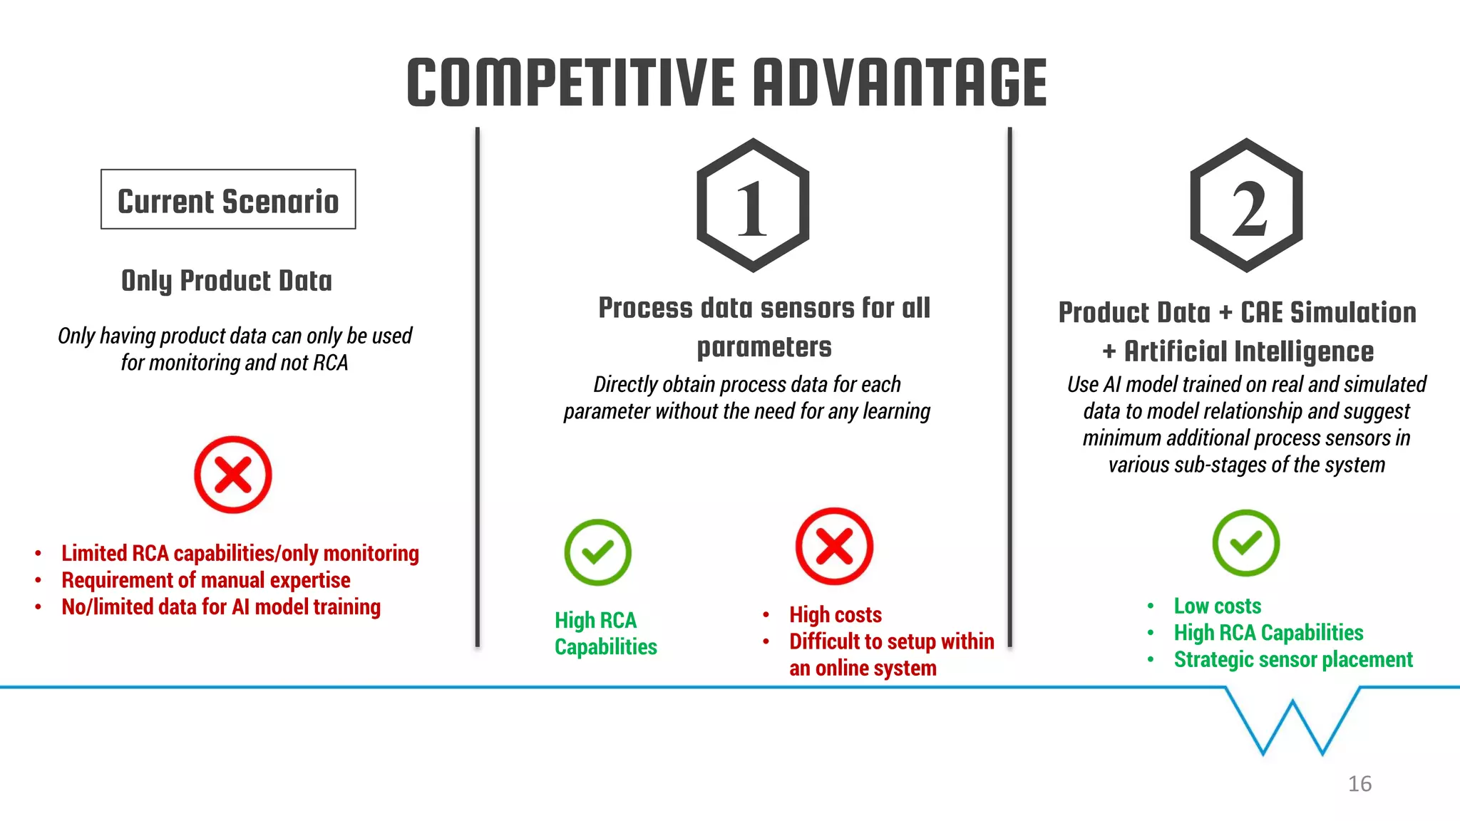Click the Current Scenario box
coord(228,200)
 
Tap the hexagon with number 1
coord(753,205)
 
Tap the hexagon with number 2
coord(1246,205)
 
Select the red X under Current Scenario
coord(233,475)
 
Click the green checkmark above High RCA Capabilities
coord(597,552)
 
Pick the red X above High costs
coord(834,547)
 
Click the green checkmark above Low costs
coord(1245,543)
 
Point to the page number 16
coord(1359,784)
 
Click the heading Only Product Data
coord(227,281)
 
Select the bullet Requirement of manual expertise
coord(206,580)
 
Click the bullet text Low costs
coord(1217,606)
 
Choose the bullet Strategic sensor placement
coord(1292,660)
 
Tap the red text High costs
coord(835,614)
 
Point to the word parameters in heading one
coord(764,347)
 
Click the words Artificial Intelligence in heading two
coord(1248,351)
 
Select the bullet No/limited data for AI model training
coord(221,607)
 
